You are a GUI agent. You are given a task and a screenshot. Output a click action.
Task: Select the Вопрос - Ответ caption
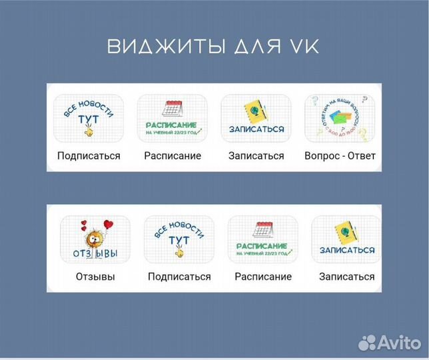[340, 156]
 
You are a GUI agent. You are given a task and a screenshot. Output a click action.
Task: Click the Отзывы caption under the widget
[95, 277]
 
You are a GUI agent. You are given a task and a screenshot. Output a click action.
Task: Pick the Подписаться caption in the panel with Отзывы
[179, 277]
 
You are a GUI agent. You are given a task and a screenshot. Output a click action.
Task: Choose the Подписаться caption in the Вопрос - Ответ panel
[89, 156]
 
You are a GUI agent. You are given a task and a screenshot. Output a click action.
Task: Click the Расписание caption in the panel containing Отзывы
[263, 277]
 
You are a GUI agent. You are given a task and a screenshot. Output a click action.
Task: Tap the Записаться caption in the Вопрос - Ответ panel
[256, 156]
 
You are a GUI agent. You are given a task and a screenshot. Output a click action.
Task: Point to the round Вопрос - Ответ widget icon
[340, 119]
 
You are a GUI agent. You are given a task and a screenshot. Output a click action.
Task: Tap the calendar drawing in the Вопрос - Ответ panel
[173, 108]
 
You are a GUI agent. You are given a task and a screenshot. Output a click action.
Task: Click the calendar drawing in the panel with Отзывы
[263, 229]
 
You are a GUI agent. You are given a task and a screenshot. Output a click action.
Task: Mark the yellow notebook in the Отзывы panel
[346, 233]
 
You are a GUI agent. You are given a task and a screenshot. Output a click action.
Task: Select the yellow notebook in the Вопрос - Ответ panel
[256, 111]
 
